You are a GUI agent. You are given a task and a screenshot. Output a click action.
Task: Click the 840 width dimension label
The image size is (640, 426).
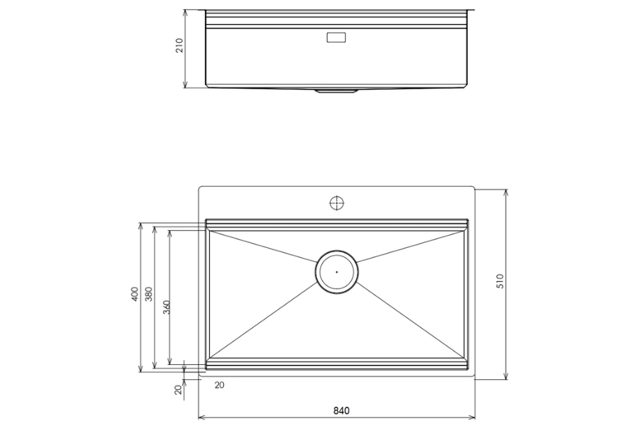click(x=341, y=410)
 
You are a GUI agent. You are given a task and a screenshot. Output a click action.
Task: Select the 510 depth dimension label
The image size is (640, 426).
click(x=500, y=280)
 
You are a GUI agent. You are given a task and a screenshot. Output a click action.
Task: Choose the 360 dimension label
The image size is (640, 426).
click(x=166, y=307)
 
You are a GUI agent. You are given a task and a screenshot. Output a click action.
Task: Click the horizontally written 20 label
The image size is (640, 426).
click(x=219, y=385)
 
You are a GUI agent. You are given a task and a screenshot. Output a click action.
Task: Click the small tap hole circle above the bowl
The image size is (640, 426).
click(x=336, y=203)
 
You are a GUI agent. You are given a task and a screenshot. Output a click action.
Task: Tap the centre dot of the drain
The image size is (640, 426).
click(x=336, y=271)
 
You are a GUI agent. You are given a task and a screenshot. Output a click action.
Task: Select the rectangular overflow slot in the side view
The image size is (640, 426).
click(x=336, y=38)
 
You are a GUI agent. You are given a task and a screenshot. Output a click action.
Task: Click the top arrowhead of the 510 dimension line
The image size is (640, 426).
click(x=505, y=192)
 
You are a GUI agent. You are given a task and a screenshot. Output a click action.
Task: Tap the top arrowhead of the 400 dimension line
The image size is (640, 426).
click(x=141, y=226)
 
